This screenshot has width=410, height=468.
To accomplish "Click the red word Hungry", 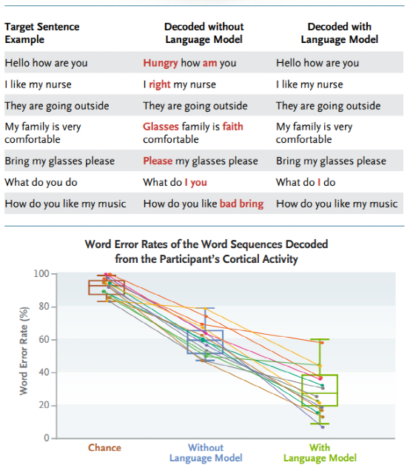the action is pos(161,63).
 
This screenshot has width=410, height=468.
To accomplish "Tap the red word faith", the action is pos(232,127).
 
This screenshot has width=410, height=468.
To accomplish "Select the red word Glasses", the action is pos(161,127).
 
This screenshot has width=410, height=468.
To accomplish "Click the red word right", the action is pos(160,84).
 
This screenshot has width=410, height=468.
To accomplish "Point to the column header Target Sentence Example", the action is pos(42,33).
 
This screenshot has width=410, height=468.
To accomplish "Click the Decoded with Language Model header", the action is pos(339,33).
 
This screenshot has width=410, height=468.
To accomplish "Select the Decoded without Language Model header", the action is pos(204,33).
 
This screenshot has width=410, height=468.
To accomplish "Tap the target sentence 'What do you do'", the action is pos(41,182).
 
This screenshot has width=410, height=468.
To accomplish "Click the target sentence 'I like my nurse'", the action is pos(38,84).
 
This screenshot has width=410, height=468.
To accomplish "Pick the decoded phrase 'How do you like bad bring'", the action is pos(204,204).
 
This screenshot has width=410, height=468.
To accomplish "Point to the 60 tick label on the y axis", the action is pos(44,339).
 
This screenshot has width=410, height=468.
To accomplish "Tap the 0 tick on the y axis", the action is pos(47,438).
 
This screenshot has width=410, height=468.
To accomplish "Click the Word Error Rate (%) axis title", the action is pos(24,351).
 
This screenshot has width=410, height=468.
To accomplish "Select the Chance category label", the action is pos(104,448).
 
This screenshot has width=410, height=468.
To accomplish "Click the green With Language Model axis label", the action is pos(320,452).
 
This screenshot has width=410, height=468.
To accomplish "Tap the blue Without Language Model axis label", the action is pos(206,452).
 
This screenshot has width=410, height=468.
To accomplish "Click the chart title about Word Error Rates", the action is pos(206,252).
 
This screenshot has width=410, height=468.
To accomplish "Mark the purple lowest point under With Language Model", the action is pos(323,427).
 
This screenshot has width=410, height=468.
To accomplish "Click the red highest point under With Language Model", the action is pos(322,343).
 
